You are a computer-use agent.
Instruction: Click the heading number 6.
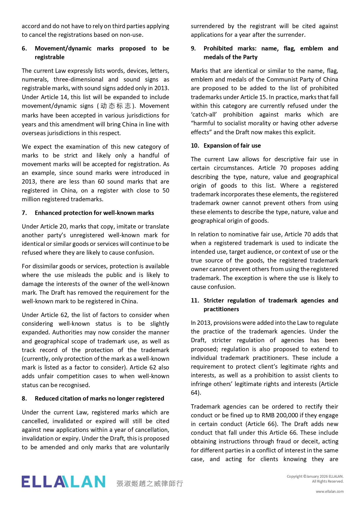click(24, 48)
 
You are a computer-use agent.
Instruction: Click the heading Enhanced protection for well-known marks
click(94, 213)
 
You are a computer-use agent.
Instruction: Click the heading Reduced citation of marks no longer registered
click(99, 398)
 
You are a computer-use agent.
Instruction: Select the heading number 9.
click(193, 48)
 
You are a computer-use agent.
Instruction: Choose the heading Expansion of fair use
click(232, 146)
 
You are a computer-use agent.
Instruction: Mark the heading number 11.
click(195, 300)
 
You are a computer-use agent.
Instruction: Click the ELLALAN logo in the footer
click(63, 482)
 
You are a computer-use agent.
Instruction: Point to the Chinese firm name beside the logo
click(150, 483)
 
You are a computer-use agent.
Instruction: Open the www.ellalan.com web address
click(330, 491)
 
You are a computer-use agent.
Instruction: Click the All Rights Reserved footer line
click(328, 481)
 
